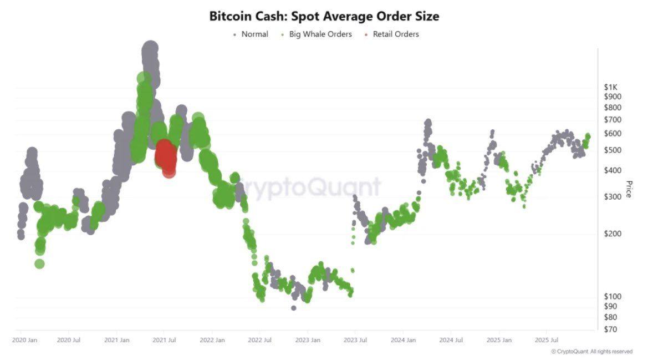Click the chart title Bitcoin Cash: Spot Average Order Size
coord(324,16)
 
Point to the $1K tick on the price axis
coord(611,87)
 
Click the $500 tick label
coord(613,150)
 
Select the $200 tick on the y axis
coord(613,234)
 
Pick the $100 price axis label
coord(613,296)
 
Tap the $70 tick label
coord(611,329)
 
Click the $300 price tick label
coord(613,196)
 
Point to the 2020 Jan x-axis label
coord(25,339)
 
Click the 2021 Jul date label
coord(164,339)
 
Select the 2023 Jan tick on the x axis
coord(307,339)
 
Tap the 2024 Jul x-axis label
coord(450,339)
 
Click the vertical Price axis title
coord(629,189)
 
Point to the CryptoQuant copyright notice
coord(591,352)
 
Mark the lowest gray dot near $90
coord(293,308)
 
